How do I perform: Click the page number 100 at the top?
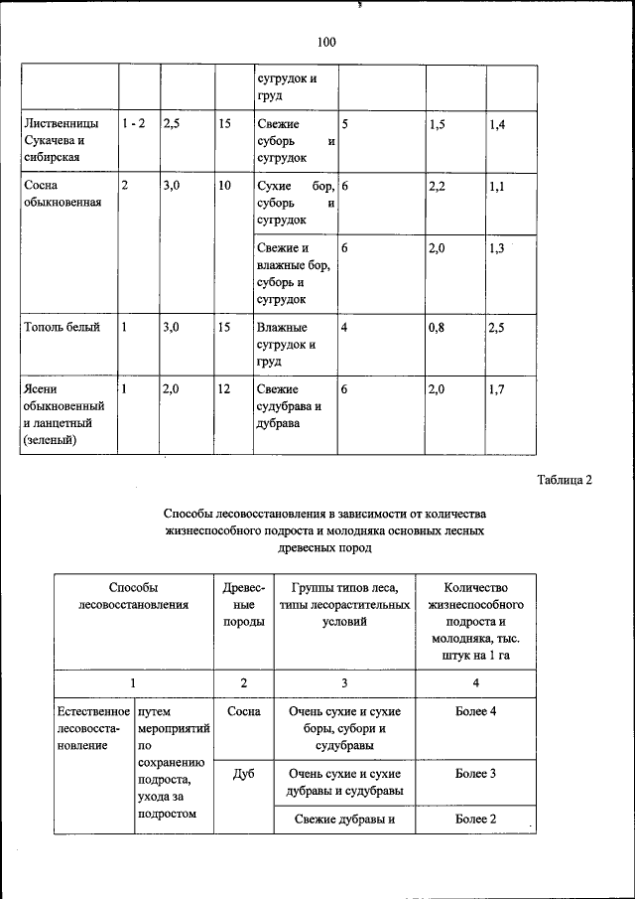tap(326, 42)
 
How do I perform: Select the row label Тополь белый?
tap(63, 328)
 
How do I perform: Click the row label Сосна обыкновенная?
tap(63, 194)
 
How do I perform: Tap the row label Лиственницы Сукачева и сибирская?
tap(63, 140)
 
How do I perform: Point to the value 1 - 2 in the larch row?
tap(134, 123)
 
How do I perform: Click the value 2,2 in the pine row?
tap(440, 186)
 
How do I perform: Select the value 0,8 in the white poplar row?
tap(437, 328)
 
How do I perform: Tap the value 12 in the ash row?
tap(224, 390)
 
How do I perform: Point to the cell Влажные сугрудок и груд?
tap(282, 345)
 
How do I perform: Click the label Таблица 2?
tap(564, 481)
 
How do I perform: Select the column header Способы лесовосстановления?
tap(134, 596)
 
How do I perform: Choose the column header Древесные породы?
tap(244, 604)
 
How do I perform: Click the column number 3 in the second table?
tap(343, 683)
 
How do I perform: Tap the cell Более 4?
tap(475, 712)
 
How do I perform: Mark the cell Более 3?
tap(475, 773)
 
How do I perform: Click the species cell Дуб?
tap(244, 773)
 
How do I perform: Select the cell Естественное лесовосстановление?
tap(93, 729)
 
